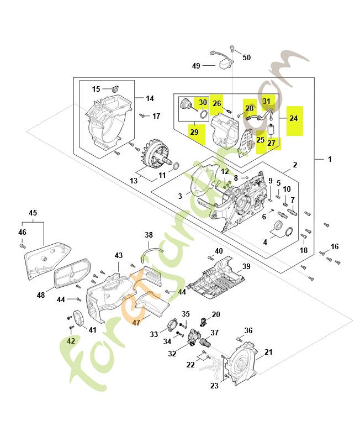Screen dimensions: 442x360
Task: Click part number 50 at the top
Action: pos(246,57)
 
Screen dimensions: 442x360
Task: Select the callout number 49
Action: pos(196,66)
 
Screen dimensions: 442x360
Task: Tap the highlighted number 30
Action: pos(203,102)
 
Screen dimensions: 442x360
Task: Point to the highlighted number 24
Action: pos(293,118)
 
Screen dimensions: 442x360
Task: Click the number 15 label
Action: pos(96,88)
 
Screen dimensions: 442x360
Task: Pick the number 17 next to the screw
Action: pos(156,116)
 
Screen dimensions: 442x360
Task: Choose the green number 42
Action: pos(71,341)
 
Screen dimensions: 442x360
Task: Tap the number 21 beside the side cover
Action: pos(269,352)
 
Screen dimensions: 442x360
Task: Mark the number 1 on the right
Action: pos(330,159)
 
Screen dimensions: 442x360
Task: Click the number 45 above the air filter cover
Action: pos(33,213)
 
